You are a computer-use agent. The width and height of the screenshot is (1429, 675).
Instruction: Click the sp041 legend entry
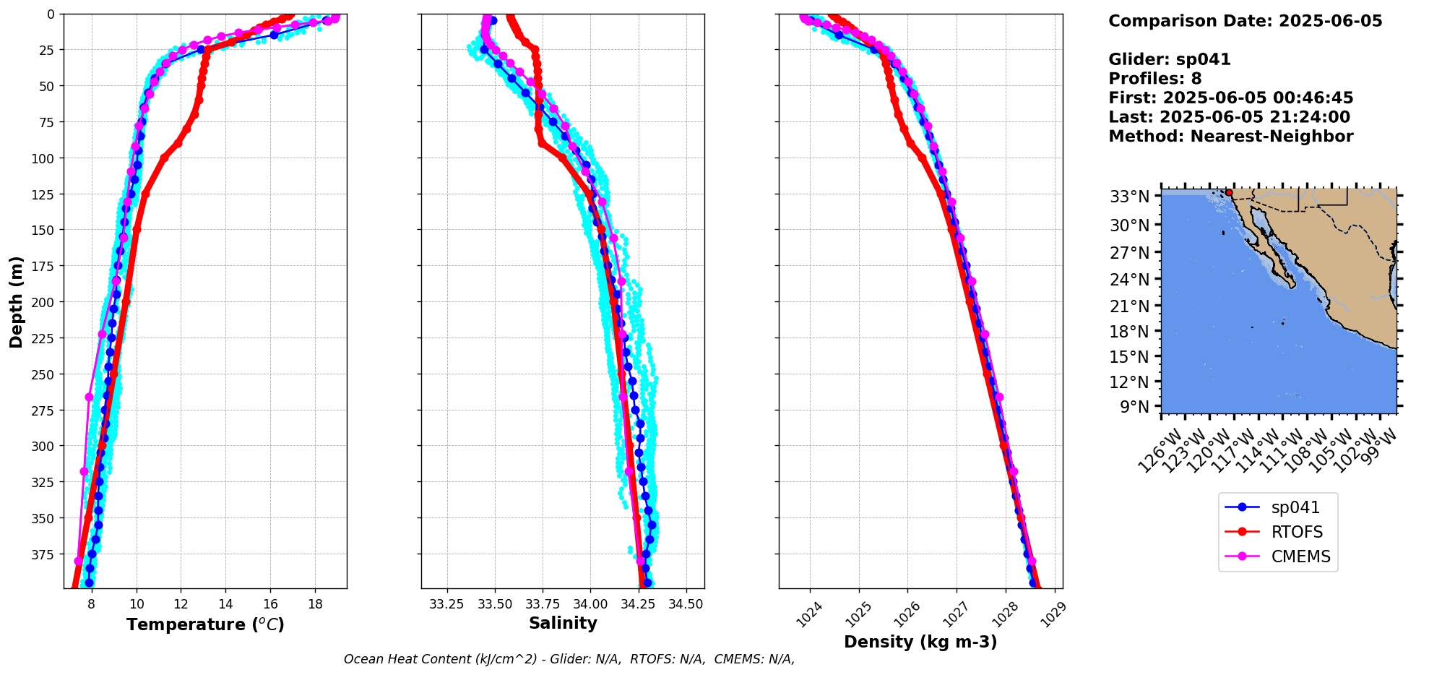pyautogui.click(x=1295, y=508)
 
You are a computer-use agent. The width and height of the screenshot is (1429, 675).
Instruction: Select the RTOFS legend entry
pyautogui.click(x=1297, y=533)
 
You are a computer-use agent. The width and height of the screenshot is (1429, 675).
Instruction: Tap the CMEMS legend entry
pyautogui.click(x=1300, y=557)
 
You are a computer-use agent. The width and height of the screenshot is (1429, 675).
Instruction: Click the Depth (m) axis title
pyautogui.click(x=16, y=301)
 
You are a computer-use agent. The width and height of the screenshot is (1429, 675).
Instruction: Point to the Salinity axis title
pyautogui.click(x=563, y=624)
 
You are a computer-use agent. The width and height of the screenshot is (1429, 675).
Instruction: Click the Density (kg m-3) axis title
pyautogui.click(x=920, y=642)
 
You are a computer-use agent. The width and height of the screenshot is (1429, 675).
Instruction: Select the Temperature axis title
pyautogui.click(x=205, y=624)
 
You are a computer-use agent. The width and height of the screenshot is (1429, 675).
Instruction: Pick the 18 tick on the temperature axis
pyautogui.click(x=315, y=604)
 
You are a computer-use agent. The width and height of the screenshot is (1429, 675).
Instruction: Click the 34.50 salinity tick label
pyautogui.click(x=686, y=604)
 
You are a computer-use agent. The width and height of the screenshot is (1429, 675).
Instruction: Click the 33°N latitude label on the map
pyautogui.click(x=1129, y=197)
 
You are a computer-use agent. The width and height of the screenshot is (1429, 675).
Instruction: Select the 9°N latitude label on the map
pyautogui.click(x=1134, y=407)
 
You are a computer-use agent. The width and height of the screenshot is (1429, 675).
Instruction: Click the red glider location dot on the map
pyautogui.click(x=1229, y=192)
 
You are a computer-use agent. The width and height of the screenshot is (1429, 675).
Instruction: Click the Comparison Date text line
pyautogui.click(x=1245, y=21)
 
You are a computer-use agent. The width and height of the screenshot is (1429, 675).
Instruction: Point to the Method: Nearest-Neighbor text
pyautogui.click(x=1230, y=137)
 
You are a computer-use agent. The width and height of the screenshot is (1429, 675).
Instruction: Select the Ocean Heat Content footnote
pyautogui.click(x=569, y=659)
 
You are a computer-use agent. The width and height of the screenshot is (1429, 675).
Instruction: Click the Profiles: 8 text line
pyautogui.click(x=1154, y=79)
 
